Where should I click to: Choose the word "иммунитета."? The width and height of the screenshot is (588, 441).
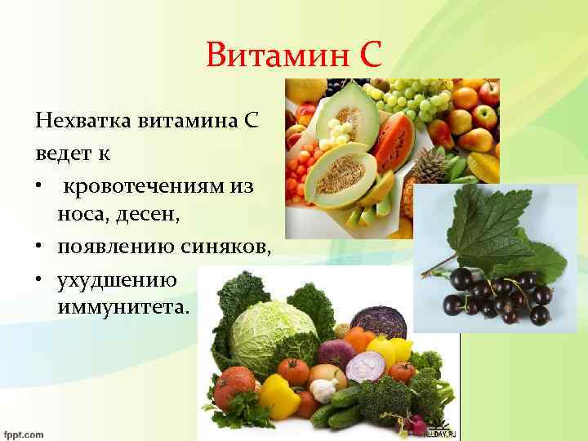tap(122, 308)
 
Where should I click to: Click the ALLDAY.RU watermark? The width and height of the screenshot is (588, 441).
tap(439, 430)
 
